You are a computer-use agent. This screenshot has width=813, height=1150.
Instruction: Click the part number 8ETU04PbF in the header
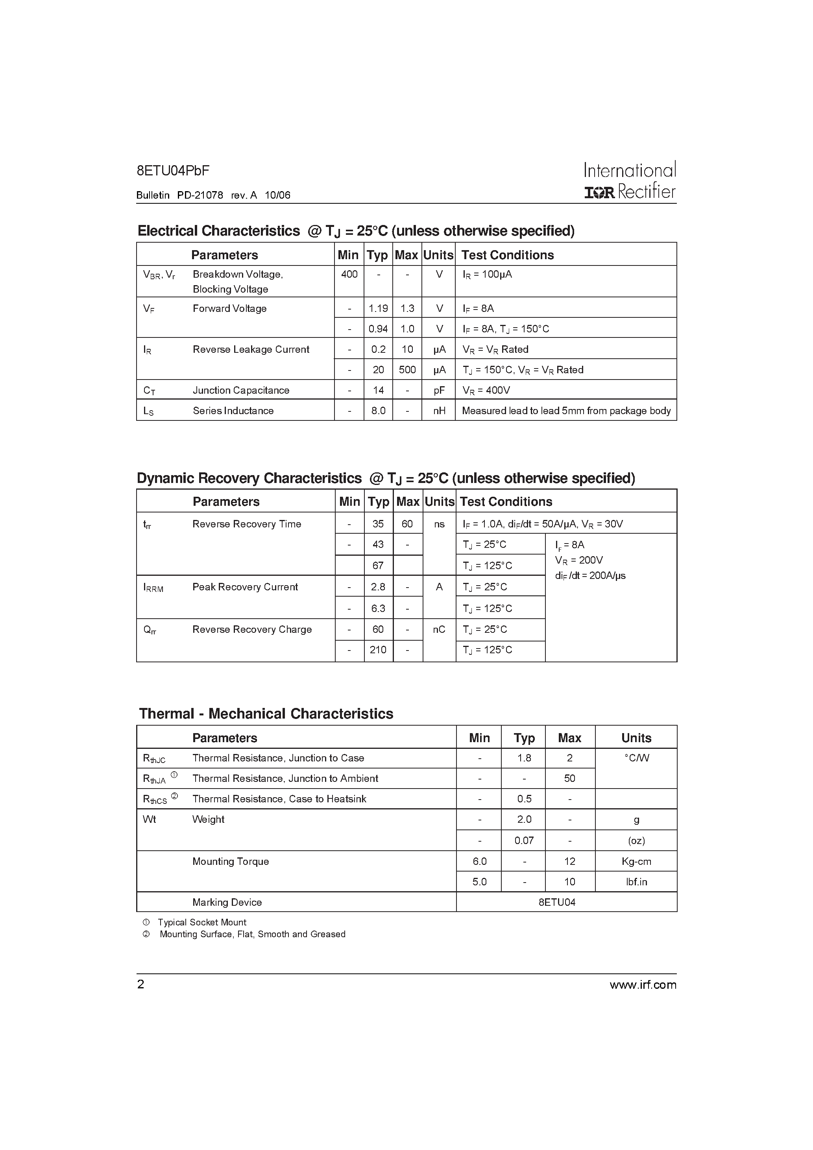173,171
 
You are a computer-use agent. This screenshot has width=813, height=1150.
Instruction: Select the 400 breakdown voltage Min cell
349,274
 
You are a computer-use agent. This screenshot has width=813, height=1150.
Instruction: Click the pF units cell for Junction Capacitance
439,390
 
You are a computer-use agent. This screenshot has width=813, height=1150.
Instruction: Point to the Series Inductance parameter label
233,411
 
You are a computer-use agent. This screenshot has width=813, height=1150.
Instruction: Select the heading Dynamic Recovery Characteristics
249,478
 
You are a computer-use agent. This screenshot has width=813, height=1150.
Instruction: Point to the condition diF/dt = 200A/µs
590,575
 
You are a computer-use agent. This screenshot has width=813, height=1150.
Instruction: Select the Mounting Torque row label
231,861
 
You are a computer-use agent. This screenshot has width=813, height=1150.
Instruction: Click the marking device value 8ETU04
557,902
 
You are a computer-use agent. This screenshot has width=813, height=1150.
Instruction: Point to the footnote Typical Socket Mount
201,922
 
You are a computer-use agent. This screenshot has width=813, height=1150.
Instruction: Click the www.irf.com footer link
643,985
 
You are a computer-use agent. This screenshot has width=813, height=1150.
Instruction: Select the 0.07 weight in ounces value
524,840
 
